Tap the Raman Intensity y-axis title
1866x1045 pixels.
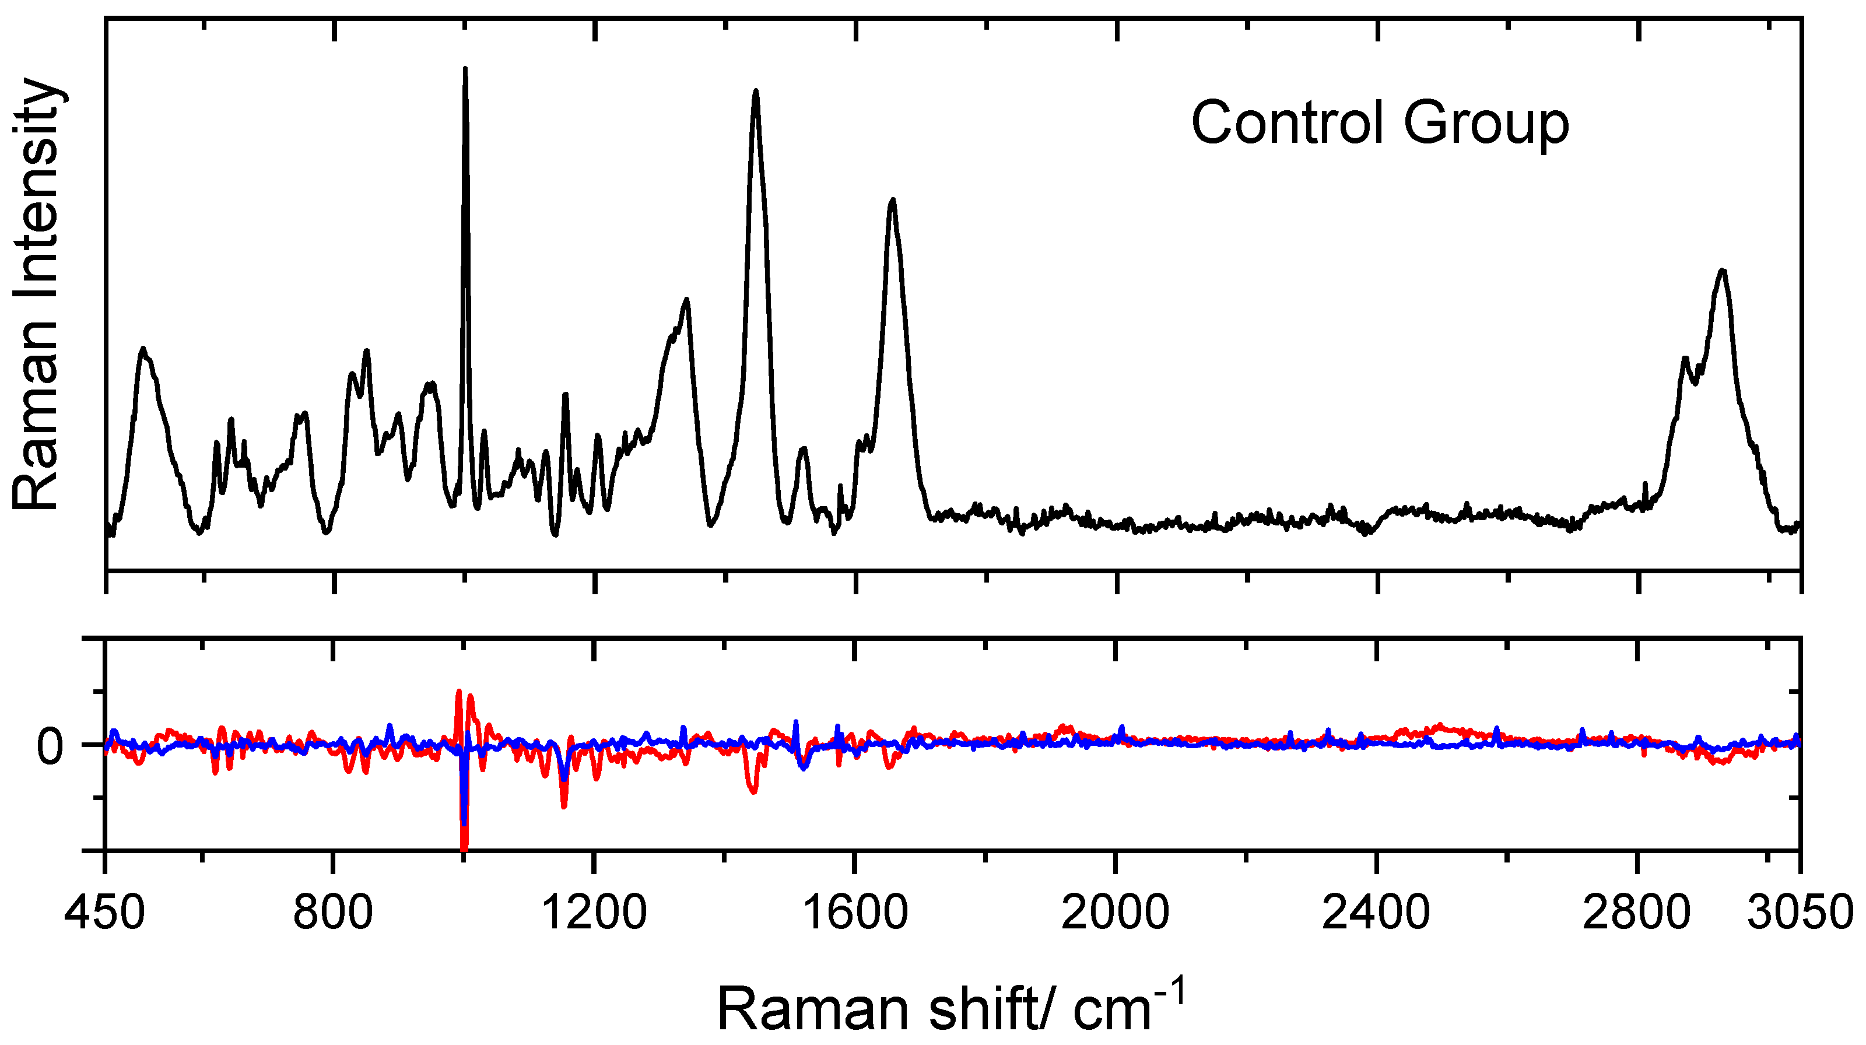click(x=36, y=293)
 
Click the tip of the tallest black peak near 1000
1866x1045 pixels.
click(x=465, y=69)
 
